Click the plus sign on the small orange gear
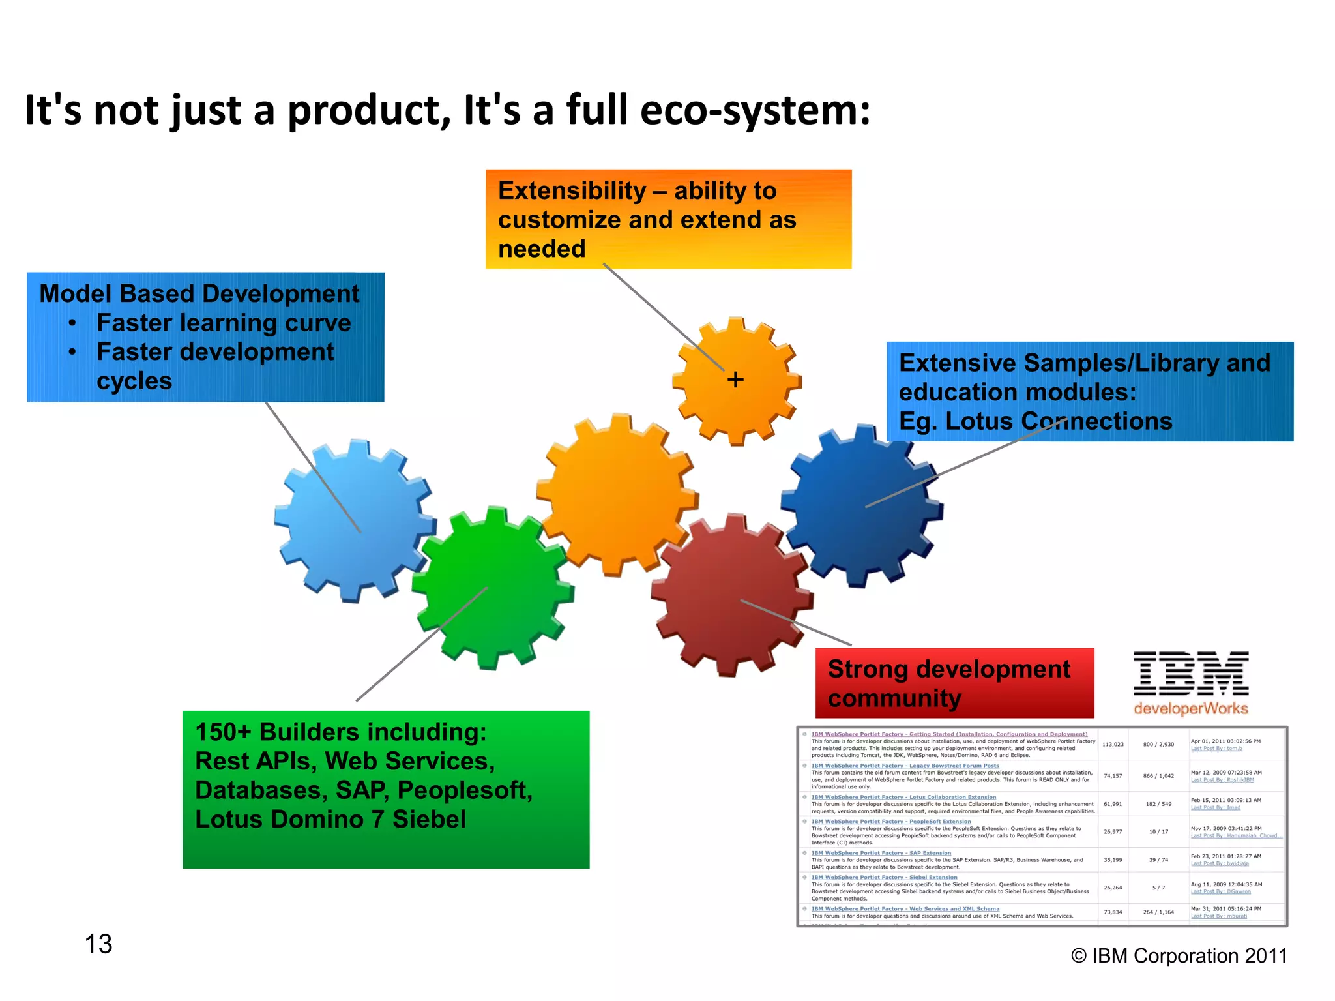[x=735, y=380]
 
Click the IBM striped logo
[x=1190, y=674]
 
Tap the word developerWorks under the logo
[x=1190, y=709]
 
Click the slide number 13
[x=98, y=944]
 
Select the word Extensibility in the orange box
[x=572, y=191]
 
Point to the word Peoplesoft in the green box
[x=464, y=790]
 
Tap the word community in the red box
[x=894, y=698]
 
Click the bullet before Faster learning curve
[x=72, y=323]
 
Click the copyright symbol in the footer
[x=1079, y=956]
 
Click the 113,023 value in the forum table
[x=1113, y=744]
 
